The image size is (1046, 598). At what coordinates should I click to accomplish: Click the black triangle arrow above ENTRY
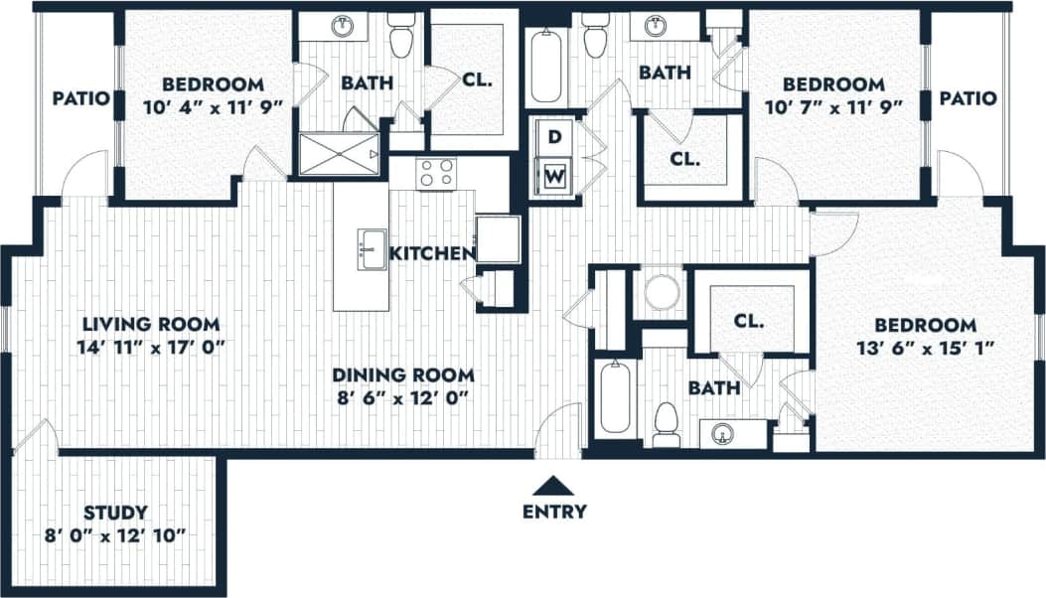(x=554, y=485)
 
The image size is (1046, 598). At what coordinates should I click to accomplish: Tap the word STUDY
(x=116, y=513)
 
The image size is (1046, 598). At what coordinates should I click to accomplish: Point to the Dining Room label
(x=402, y=375)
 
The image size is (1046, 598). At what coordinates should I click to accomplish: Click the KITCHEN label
(x=431, y=254)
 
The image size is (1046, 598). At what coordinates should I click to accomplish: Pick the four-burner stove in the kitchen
(x=436, y=173)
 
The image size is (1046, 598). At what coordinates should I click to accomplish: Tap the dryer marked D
(x=554, y=134)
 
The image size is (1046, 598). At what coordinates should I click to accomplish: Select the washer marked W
(x=554, y=178)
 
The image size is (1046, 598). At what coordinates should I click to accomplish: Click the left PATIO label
(x=80, y=98)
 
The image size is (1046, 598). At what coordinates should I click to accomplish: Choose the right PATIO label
(x=968, y=98)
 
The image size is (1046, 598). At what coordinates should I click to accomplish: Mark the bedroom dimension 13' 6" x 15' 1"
(x=925, y=347)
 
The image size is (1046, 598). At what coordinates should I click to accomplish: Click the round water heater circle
(x=662, y=292)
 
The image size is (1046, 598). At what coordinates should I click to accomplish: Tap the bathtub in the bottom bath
(x=615, y=397)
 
